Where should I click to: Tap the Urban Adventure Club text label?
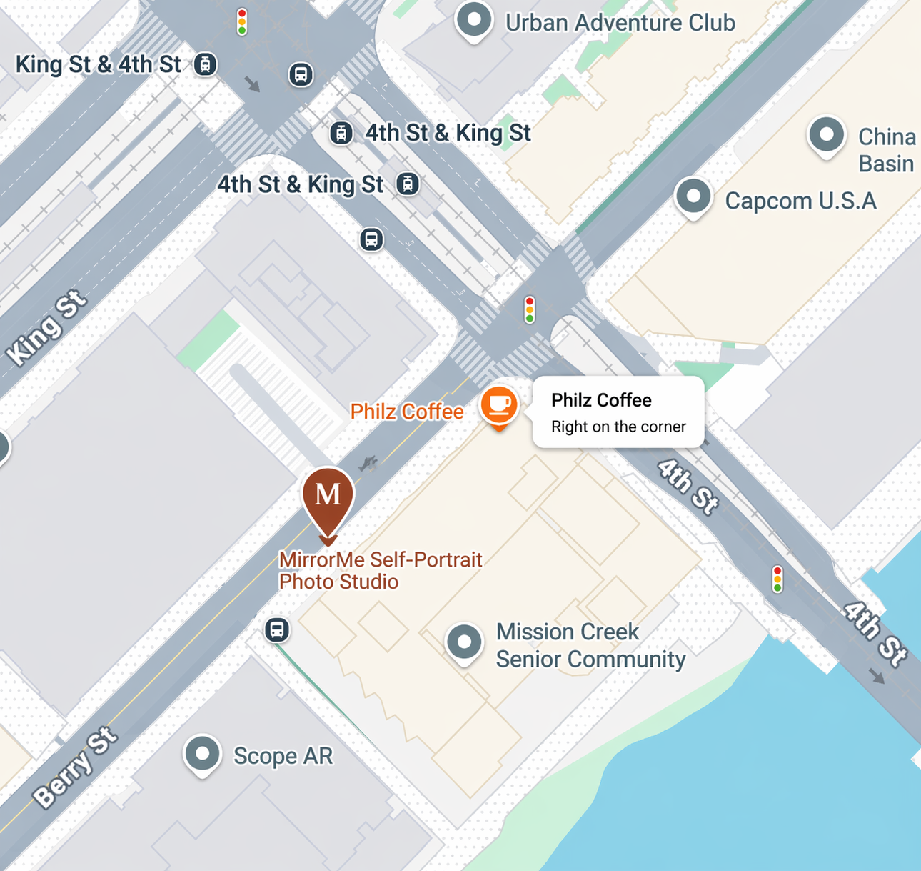pyautogui.click(x=620, y=23)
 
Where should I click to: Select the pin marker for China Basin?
pyautogui.click(x=827, y=134)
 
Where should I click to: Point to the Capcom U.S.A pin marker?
pyautogui.click(x=693, y=195)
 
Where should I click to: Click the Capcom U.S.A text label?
pyautogui.click(x=800, y=201)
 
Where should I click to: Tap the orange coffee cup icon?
pyautogui.click(x=499, y=405)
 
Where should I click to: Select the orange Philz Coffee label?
pyautogui.click(x=406, y=412)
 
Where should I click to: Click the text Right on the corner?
pyautogui.click(x=618, y=427)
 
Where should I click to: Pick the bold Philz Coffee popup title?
pyautogui.click(x=601, y=400)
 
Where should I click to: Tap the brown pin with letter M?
pyautogui.click(x=328, y=497)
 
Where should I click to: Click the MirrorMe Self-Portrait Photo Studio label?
pyautogui.click(x=381, y=570)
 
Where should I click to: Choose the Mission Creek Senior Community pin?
pyautogui.click(x=464, y=641)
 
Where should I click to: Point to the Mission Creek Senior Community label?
pyautogui.click(x=590, y=645)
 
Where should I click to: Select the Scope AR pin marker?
pyautogui.click(x=202, y=753)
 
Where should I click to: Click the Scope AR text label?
pyautogui.click(x=283, y=756)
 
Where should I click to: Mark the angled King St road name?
pyautogui.click(x=46, y=327)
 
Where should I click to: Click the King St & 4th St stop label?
pyautogui.click(x=99, y=64)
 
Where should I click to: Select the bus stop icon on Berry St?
pyautogui.click(x=277, y=629)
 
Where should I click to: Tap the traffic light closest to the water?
pyautogui.click(x=777, y=579)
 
